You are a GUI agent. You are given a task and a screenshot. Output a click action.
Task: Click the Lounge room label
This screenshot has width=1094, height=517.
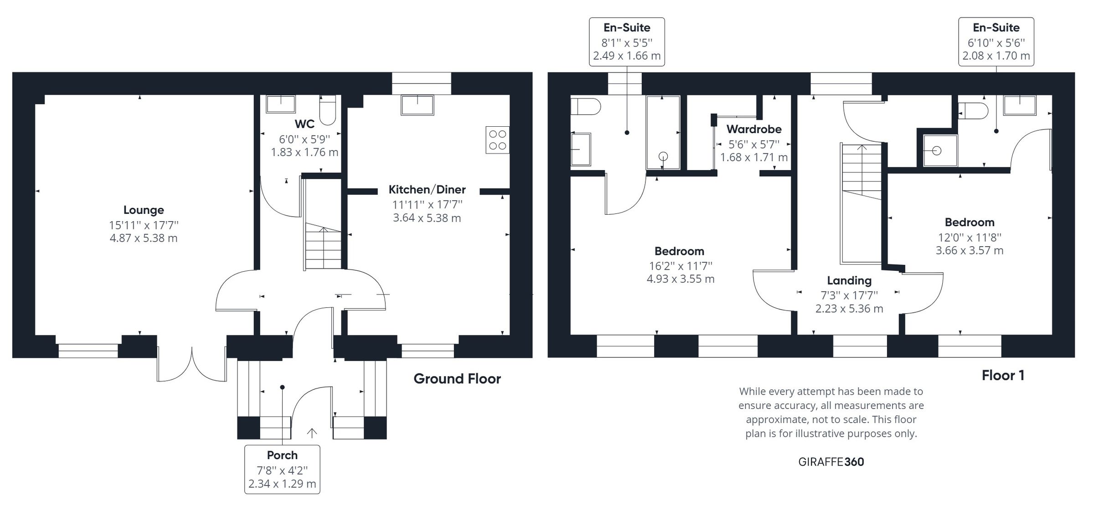[x=144, y=210]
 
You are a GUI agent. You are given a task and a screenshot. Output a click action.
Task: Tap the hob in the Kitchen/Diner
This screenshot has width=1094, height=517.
[x=497, y=140]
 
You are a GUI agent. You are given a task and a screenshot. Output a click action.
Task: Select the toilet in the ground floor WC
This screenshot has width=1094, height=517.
[x=327, y=110]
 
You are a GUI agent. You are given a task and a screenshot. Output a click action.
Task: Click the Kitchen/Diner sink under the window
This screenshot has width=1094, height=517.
[x=417, y=105]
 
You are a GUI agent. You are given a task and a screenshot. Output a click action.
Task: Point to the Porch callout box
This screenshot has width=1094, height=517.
[x=282, y=469]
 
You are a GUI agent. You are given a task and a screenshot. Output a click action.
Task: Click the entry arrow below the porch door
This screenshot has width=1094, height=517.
[x=312, y=433]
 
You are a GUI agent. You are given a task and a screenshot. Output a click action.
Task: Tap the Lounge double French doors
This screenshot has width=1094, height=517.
[x=192, y=365]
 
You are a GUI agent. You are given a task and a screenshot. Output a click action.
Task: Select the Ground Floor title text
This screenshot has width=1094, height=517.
[x=457, y=379]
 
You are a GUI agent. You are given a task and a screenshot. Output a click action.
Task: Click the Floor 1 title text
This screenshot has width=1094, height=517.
[x=1003, y=376]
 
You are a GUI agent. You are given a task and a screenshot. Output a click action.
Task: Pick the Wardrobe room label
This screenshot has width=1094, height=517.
[x=754, y=129]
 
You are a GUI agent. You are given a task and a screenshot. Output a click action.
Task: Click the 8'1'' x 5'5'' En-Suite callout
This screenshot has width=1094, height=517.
[x=627, y=42]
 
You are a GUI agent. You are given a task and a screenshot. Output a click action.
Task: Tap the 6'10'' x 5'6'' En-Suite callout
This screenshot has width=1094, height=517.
[x=996, y=42]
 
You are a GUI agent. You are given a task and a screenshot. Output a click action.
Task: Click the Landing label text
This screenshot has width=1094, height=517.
[x=849, y=281]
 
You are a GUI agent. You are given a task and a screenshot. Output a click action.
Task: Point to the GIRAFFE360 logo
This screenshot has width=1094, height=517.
[x=831, y=462]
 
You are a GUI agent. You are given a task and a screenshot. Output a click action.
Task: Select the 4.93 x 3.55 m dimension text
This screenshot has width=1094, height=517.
[x=681, y=279]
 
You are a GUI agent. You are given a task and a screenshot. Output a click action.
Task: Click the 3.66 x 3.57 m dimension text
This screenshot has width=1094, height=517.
[x=970, y=250]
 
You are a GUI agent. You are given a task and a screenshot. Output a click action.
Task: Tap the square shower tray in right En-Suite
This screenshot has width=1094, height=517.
[x=940, y=150]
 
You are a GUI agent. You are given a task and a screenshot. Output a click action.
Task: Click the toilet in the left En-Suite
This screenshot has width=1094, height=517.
[x=585, y=107]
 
